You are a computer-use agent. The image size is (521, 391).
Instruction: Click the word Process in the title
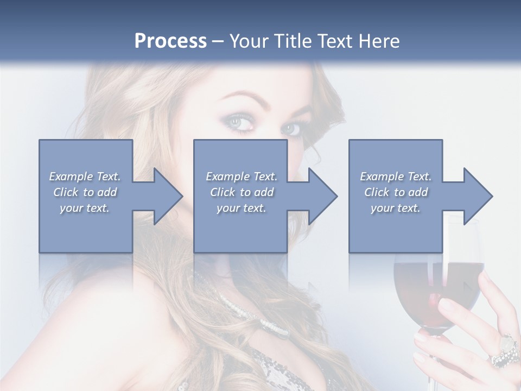[170, 41]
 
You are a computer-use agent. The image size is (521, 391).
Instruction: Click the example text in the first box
[85, 192]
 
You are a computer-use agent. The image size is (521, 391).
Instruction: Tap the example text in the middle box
[242, 192]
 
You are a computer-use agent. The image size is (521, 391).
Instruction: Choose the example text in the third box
[396, 192]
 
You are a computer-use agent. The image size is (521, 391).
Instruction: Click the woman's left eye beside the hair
[238, 124]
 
